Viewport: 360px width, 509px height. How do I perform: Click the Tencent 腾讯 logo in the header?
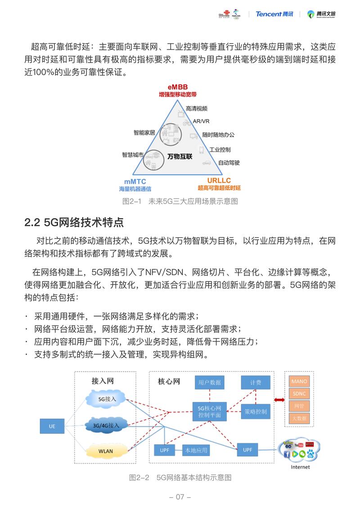coord(274,14)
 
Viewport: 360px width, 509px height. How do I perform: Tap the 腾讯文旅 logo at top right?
coord(321,14)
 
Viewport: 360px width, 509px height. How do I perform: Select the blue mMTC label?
coord(135,181)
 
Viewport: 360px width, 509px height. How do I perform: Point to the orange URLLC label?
coord(219,180)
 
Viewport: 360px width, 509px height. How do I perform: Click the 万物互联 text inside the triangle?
coord(180,156)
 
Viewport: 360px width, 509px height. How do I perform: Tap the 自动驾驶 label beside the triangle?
coord(229,162)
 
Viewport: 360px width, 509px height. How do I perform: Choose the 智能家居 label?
coord(144,132)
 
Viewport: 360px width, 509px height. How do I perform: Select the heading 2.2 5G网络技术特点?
coord(74,222)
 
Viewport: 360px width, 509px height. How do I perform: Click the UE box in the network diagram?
coord(52,426)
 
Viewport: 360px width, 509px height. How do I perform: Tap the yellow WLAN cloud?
coord(107,451)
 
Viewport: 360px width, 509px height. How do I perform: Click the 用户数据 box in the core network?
coord(210,383)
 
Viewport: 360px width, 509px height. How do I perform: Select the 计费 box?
coord(256,383)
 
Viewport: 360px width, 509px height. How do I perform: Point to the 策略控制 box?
coord(256,411)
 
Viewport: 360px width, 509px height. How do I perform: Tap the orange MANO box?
coord(299,381)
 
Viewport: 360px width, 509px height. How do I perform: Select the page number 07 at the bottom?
coord(180,497)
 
